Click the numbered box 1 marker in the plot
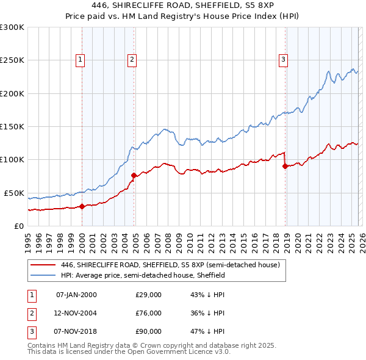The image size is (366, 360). click(x=81, y=59)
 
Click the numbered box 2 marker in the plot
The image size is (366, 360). click(x=132, y=59)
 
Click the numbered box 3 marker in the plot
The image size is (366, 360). click(x=284, y=59)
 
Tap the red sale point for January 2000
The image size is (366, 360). click(x=82, y=207)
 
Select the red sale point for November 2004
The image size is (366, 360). click(x=134, y=176)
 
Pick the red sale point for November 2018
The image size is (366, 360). click(x=285, y=166)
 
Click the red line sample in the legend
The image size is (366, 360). click(x=43, y=265)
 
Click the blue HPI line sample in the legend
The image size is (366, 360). click(x=43, y=275)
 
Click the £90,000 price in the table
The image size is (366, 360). click(x=148, y=331)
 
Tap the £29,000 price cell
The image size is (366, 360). click(x=148, y=295)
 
